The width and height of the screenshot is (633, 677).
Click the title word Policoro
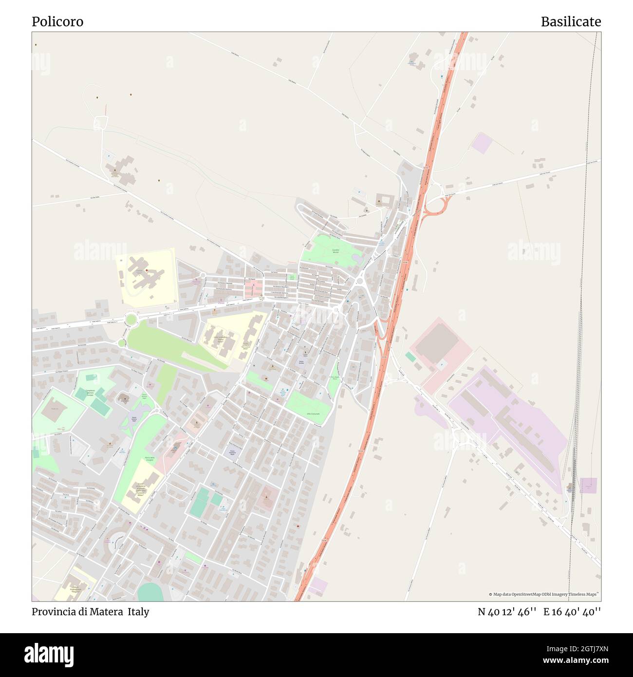(57, 21)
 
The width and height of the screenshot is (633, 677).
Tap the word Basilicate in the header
(571, 21)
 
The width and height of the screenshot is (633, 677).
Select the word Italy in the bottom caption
(139, 612)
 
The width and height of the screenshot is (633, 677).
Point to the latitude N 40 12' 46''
(507, 612)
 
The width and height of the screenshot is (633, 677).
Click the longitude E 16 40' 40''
(572, 612)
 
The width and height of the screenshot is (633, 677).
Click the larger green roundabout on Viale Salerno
(130, 320)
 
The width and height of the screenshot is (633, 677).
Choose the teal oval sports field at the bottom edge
(150, 592)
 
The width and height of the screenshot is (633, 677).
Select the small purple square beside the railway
(588, 485)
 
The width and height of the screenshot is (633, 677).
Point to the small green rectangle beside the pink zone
(410, 357)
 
